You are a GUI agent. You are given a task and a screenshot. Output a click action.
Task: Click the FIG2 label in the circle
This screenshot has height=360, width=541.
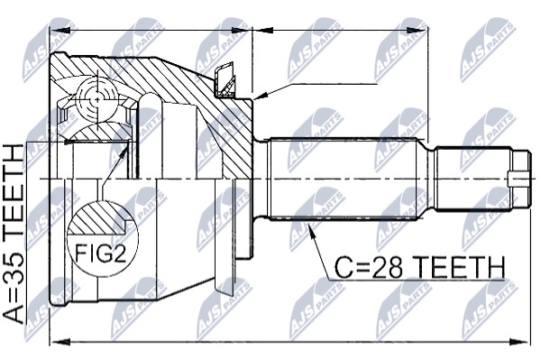(x=100, y=253)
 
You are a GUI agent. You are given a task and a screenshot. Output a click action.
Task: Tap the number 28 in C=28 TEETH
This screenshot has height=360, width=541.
(x=384, y=268)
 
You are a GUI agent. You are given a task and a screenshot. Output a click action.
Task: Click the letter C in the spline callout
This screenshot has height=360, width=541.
(x=343, y=268)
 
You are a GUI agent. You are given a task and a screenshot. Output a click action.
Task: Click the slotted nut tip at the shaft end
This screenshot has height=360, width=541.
(x=520, y=180)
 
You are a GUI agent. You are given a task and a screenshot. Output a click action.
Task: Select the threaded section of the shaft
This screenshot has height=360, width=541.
(x=472, y=180)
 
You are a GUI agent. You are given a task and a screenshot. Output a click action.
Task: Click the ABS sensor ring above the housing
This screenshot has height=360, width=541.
(x=225, y=79)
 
